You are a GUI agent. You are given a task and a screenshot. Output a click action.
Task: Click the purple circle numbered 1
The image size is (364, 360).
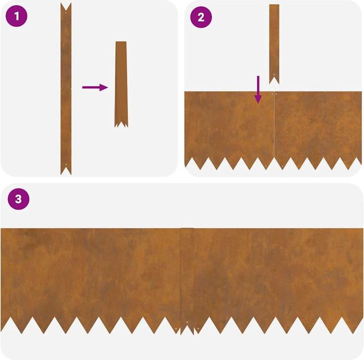click(x=17, y=17)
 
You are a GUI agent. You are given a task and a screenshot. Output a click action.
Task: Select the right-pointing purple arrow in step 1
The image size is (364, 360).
click(x=95, y=87)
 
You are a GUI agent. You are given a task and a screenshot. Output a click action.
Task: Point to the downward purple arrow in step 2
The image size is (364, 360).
click(x=258, y=89)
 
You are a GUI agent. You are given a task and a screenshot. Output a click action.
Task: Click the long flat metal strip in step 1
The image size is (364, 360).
click(x=66, y=88)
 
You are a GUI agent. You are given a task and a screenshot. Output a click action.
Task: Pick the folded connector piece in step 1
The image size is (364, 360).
click(x=121, y=83)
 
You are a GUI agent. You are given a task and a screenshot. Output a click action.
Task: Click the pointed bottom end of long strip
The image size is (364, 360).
click(x=66, y=170)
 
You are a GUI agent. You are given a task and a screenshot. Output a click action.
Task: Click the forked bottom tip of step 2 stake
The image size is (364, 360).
click(x=274, y=80)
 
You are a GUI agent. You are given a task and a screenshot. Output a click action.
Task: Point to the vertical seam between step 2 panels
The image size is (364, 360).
click(x=274, y=126)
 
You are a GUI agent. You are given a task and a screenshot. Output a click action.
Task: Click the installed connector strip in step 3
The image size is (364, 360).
click(x=187, y=278)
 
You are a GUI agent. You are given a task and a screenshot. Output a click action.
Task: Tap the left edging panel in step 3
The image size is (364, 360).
click(x=91, y=273)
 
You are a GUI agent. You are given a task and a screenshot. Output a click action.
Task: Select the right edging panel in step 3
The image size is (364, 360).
click(x=278, y=273)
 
